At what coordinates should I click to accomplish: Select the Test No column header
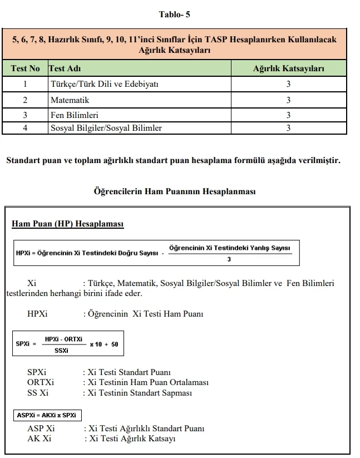[25, 68]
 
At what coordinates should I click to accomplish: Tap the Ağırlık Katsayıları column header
[288, 68]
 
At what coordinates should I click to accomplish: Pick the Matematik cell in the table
[70, 100]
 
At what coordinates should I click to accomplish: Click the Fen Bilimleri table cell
[74, 115]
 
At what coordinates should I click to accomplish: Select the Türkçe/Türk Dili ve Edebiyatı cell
[105, 85]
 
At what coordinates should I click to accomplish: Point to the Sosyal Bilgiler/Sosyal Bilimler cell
[106, 128]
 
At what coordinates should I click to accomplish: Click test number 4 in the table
[25, 128]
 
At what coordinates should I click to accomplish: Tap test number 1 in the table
[25, 85]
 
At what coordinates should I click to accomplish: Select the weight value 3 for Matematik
[288, 100]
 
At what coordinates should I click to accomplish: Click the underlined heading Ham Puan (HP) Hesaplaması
[67, 224]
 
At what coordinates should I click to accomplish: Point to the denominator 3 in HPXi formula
[229, 259]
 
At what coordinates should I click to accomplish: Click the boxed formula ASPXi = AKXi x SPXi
[47, 415]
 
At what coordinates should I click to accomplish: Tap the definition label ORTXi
[41, 382]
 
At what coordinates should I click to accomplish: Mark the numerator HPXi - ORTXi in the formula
[63, 338]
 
